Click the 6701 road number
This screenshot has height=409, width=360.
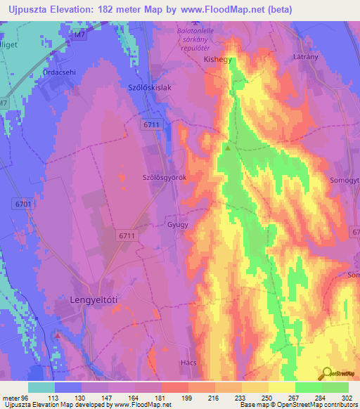(x=22, y=203)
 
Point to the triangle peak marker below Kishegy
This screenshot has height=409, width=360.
(x=227, y=148)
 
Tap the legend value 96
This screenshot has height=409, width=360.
(x=28, y=398)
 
